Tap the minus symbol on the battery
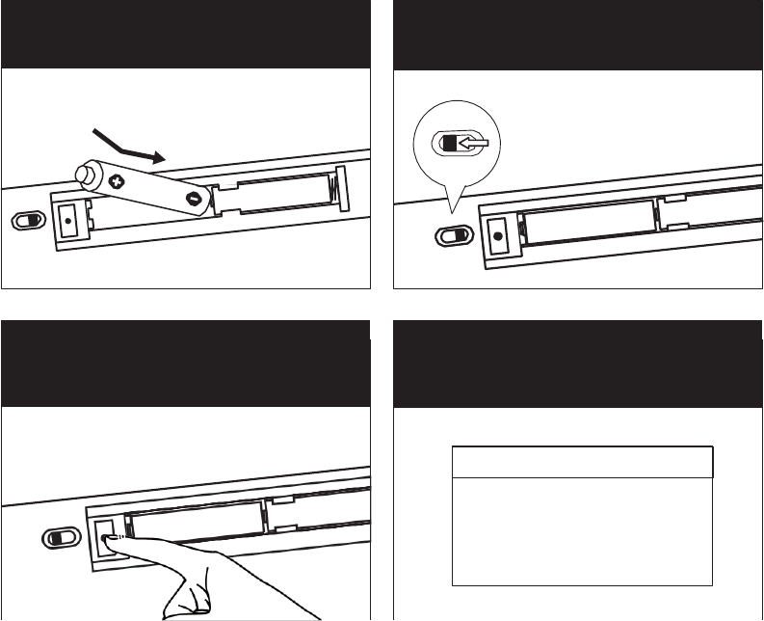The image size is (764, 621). pos(195,200)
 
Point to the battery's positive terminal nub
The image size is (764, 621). pos(84,175)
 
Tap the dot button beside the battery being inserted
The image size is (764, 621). pos(69,220)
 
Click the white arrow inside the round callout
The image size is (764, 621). pos(473,144)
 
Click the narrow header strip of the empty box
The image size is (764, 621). pos(582,462)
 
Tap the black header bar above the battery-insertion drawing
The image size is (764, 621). pos(186,34)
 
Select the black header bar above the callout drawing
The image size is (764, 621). pos(578,34)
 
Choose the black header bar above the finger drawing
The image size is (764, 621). pos(186,365)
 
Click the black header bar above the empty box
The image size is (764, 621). pos(578,365)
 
